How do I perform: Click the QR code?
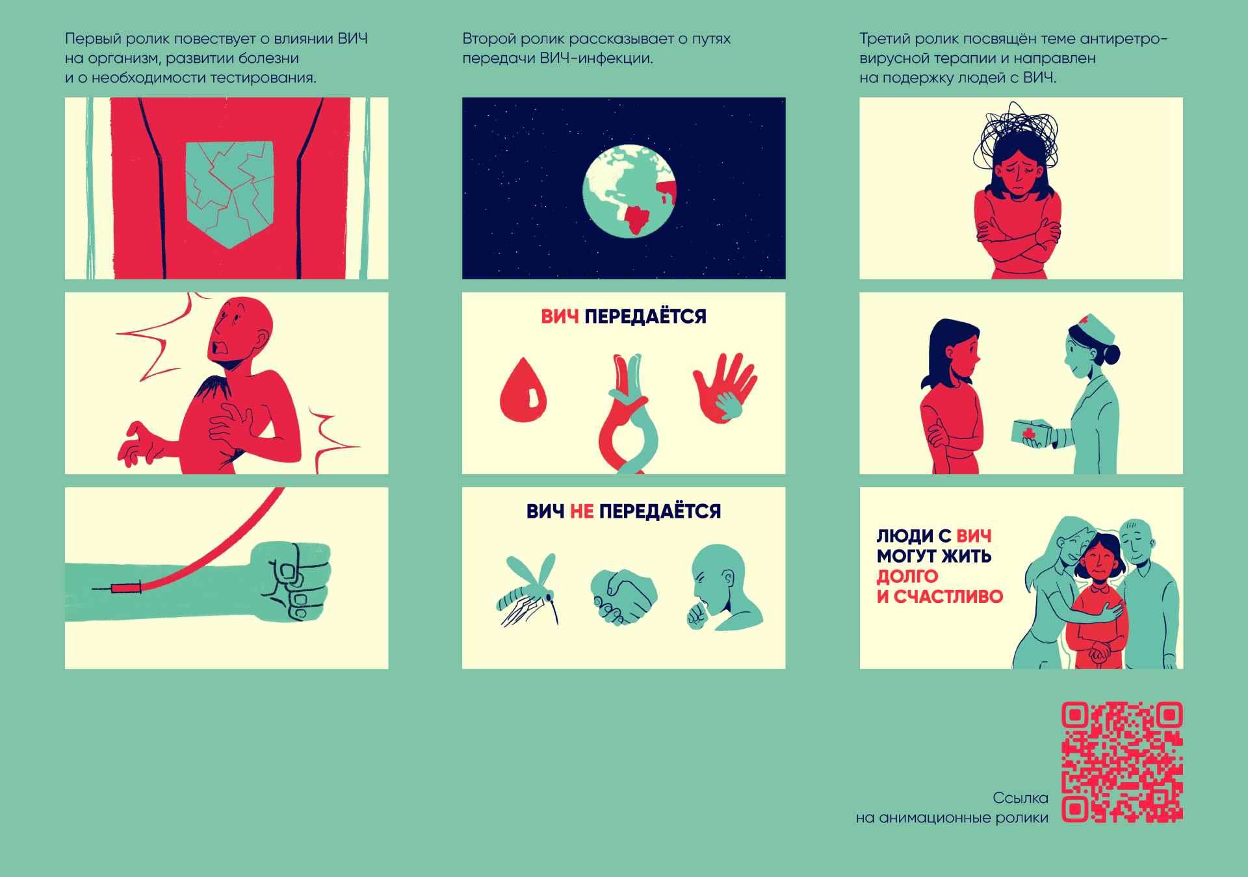pos(1122,762)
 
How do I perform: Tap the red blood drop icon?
pos(523,390)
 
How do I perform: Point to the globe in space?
pos(629,191)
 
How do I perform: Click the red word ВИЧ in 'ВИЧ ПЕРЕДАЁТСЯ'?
pos(560,316)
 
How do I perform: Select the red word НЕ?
pos(582,511)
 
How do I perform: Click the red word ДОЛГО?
pos(907,576)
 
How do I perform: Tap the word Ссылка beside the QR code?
pos(1020,798)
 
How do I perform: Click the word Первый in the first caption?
pos(93,39)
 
